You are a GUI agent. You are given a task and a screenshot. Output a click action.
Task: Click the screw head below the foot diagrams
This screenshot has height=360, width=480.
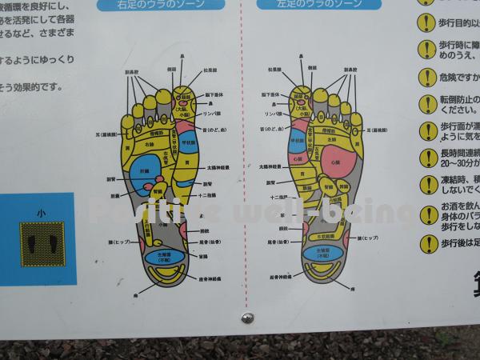(248, 318)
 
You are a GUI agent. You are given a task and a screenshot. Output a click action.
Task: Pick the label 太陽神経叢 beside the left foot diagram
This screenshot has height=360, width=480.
(222, 167)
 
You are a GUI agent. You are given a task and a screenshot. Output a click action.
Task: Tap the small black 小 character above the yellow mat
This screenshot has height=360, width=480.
(41, 213)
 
